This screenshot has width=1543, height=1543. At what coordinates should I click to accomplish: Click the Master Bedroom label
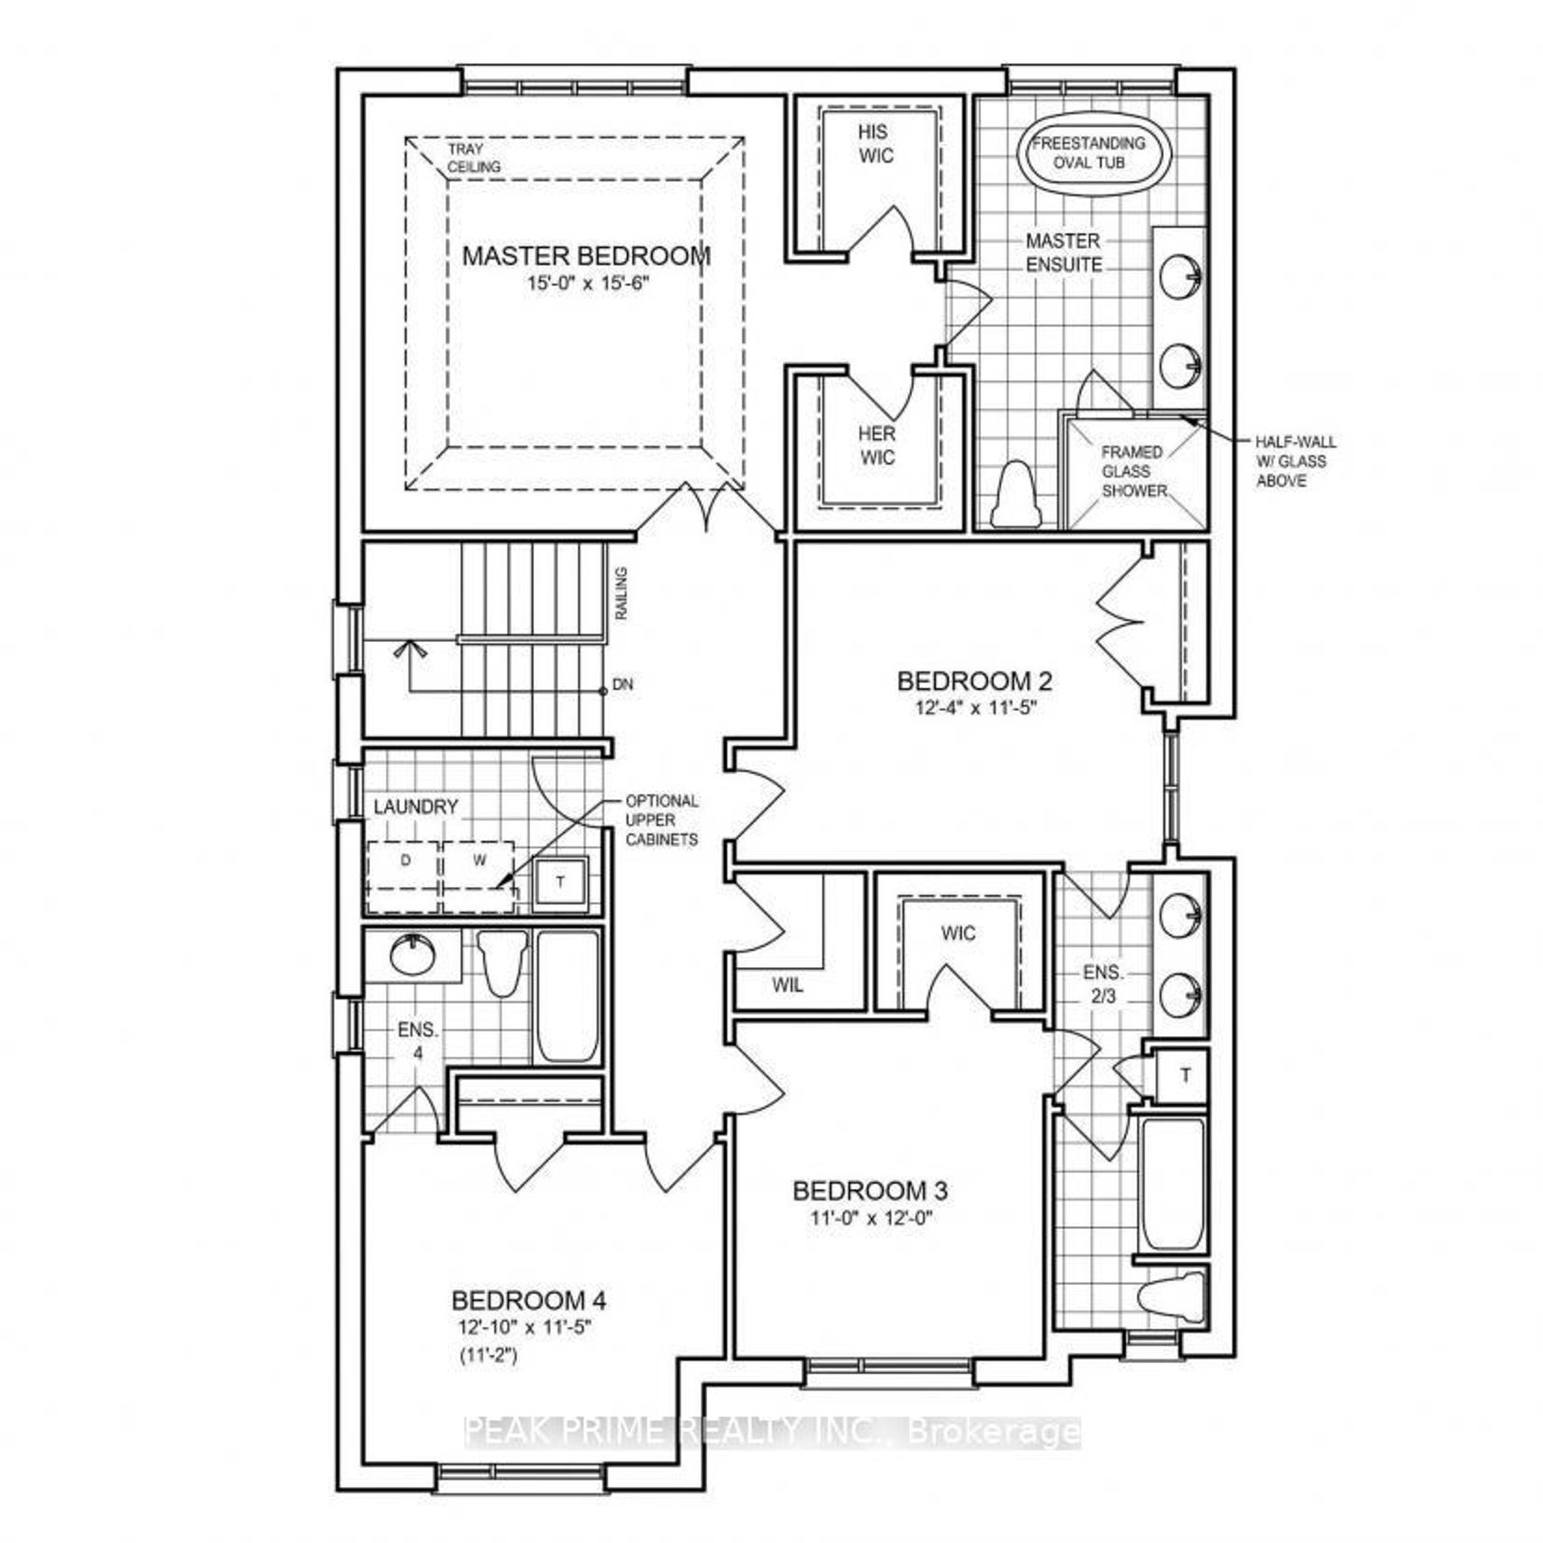click(586, 255)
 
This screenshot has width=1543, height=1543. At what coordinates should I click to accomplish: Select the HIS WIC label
click(876, 144)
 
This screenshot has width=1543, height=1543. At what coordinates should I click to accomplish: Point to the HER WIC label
click(877, 445)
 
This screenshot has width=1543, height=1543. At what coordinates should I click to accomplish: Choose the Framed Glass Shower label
click(1133, 471)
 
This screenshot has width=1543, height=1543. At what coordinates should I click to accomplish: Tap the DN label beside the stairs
click(623, 685)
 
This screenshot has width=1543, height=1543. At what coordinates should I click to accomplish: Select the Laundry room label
click(415, 807)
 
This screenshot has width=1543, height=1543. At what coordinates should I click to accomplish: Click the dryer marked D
click(404, 876)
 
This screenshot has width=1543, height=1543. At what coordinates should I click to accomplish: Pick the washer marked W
click(479, 876)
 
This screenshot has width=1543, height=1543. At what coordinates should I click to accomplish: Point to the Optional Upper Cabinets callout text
click(661, 820)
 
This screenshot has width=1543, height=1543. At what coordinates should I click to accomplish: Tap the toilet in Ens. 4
click(503, 963)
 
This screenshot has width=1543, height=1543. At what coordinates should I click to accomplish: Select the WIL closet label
click(787, 985)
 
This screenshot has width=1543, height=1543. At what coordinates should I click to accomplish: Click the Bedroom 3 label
click(870, 1191)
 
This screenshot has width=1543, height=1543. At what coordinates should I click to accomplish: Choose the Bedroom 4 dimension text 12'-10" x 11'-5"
click(529, 1327)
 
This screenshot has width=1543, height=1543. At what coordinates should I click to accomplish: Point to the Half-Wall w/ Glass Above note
click(1296, 461)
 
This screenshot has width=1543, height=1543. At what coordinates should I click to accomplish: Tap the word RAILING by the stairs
click(622, 593)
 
